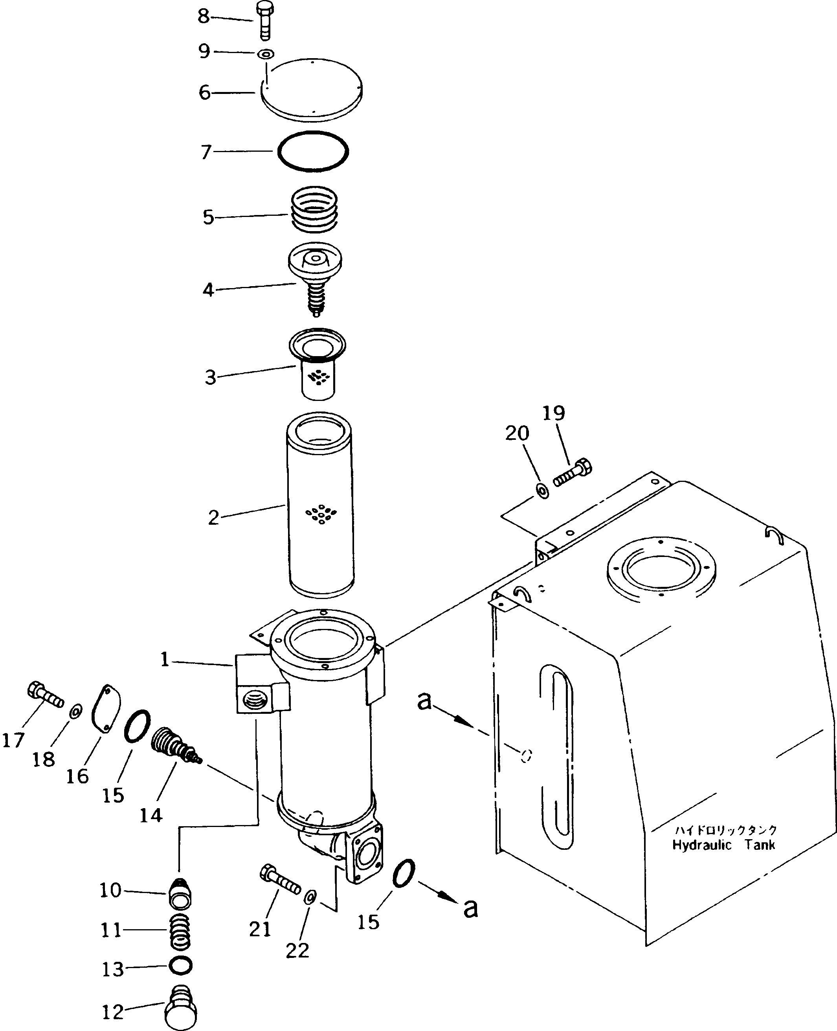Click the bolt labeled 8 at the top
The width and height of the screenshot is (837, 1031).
coord(264,21)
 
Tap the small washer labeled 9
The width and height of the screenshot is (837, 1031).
coord(266,53)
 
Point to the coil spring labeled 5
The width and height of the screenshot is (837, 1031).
coord(314,208)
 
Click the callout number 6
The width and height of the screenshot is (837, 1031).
coord(204,92)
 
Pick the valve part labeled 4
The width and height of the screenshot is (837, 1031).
coord(315,280)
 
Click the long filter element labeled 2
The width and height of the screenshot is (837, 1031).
coord(320,504)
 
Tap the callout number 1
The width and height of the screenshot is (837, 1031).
coord(165,659)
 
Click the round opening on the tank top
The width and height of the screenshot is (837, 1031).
coord(661,573)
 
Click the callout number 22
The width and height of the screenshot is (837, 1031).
coord(297,950)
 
